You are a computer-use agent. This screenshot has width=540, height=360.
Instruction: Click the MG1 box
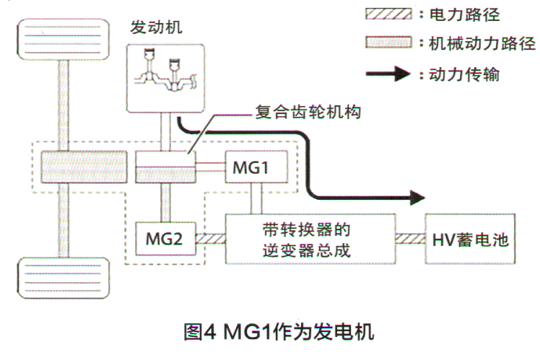click(252, 168)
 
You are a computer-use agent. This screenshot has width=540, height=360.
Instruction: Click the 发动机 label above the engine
click(156, 28)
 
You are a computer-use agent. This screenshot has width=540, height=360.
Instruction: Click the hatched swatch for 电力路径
click(388, 15)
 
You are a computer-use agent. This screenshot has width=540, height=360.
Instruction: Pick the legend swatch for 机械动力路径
click(388, 44)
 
